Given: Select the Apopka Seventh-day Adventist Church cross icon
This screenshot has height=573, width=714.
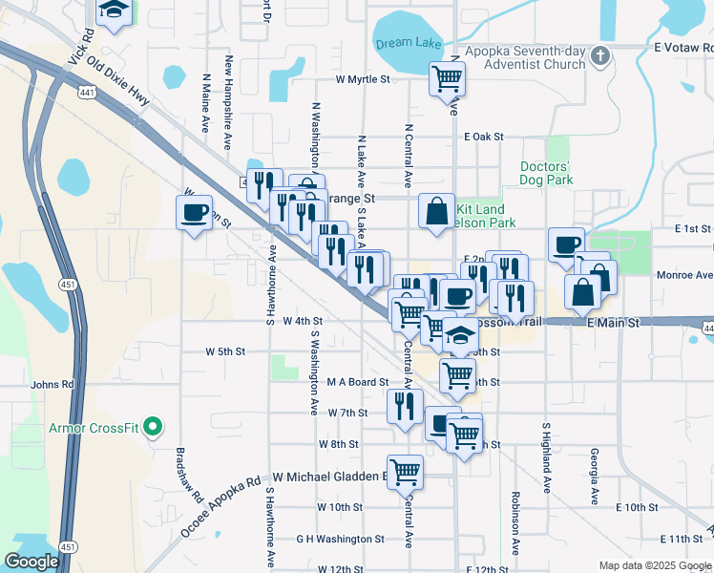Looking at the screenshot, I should pos(599,55).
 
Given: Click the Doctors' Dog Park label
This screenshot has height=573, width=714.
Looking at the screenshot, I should pos(546,173).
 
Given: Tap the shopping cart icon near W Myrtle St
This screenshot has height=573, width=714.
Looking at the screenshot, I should pos(447,79).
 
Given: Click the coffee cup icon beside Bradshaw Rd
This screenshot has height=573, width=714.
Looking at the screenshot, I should pos(195,211).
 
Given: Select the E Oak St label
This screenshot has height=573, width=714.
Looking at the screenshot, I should pos(483,138).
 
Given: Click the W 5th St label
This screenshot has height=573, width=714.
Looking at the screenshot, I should pos(225,351).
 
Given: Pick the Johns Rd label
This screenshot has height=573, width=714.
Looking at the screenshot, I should pos(52,385).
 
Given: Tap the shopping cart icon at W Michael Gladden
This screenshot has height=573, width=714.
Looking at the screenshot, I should pos(405,471).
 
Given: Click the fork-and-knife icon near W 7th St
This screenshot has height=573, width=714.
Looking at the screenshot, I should pos(405,406).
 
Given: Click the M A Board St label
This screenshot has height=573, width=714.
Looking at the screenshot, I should pos(358,382).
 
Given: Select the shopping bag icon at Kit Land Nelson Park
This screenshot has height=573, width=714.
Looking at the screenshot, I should pos(436,211).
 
